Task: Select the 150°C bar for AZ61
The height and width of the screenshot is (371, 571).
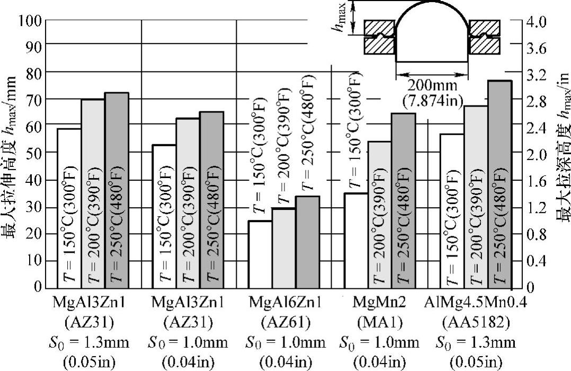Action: (x=260, y=254)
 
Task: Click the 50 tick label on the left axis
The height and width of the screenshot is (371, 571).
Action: (x=33, y=153)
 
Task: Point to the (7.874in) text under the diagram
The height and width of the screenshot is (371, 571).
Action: (x=432, y=99)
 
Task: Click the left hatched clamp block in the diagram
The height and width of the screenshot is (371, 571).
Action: (x=379, y=37)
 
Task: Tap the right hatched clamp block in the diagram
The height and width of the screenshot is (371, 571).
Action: (x=485, y=37)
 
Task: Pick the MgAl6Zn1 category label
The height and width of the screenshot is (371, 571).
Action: (x=285, y=303)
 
